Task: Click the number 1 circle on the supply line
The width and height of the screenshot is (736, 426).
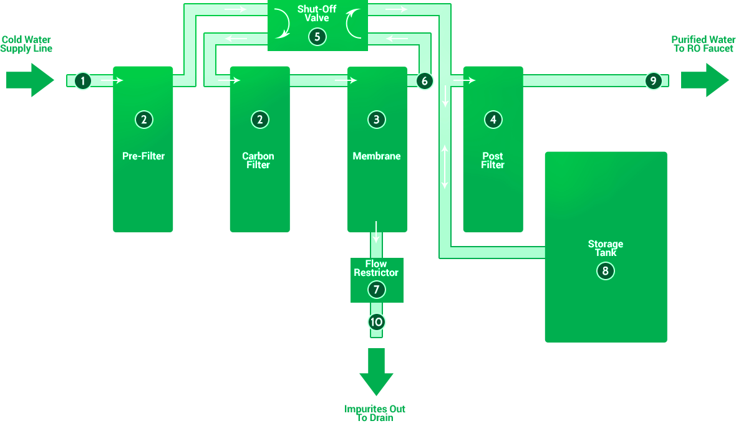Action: coord(82,80)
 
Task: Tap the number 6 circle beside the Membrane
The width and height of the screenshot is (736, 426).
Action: coord(424,80)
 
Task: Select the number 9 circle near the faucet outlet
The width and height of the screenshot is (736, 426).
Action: coord(653,80)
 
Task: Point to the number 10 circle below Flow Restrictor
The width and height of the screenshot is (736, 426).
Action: coord(376,322)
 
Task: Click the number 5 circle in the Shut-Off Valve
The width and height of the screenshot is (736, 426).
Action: coord(317,37)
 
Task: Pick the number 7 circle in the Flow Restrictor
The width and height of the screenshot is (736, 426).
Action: coord(376,290)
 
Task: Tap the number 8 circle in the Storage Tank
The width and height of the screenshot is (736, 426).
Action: coord(606,271)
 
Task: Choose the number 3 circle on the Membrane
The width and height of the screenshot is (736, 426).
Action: coord(377,120)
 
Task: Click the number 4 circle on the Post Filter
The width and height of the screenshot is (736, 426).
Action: coord(493,120)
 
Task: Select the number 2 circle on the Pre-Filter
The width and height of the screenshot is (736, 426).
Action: coord(143,120)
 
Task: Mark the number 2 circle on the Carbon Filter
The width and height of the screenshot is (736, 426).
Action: coord(260,120)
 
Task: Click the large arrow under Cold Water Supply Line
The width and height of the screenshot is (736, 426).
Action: coord(30,80)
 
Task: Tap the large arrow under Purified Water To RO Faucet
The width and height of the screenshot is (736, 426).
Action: coord(705,80)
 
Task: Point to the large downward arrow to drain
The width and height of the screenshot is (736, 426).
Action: coord(376,372)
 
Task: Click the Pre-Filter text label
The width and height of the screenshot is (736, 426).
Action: coord(143,156)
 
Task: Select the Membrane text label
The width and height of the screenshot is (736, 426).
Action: coord(377,156)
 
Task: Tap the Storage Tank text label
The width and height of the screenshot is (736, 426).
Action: coord(606,249)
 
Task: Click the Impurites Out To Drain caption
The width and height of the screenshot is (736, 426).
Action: coord(375,414)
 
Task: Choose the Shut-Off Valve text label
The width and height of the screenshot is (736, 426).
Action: coord(317,14)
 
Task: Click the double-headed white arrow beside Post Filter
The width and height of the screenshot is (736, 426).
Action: coord(445,167)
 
